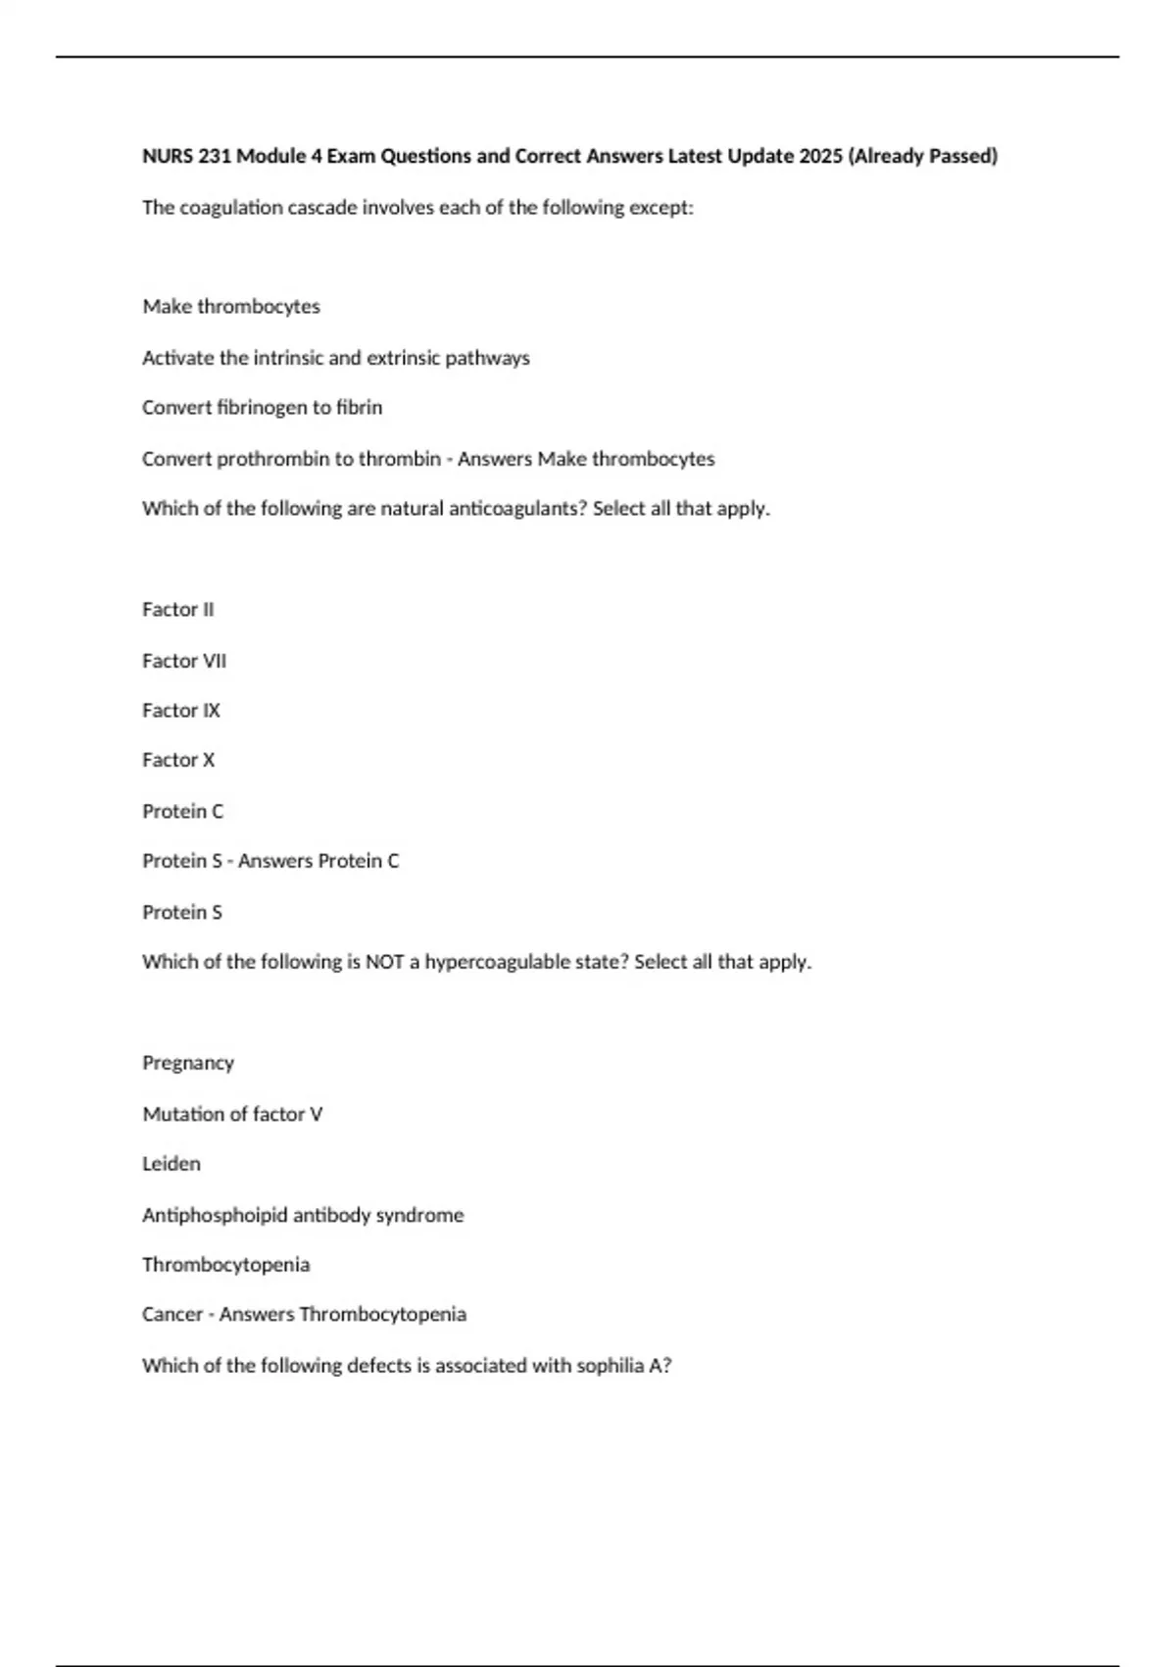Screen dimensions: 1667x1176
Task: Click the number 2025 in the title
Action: point(820,156)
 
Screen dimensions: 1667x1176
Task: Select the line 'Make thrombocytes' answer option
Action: point(231,307)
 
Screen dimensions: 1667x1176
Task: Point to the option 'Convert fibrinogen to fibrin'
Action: point(262,407)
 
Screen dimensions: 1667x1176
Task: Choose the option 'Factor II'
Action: point(177,610)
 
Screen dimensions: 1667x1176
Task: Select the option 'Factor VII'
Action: point(184,661)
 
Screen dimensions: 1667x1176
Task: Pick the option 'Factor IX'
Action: point(181,711)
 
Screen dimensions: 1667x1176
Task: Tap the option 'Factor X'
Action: point(178,760)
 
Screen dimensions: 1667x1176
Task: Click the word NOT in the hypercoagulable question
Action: point(385,962)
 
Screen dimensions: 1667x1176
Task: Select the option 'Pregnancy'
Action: point(188,1063)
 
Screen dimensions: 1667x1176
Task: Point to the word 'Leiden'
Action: point(171,1164)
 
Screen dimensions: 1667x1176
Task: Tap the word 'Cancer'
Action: point(172,1314)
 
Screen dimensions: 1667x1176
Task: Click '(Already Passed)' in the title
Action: point(923,156)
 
